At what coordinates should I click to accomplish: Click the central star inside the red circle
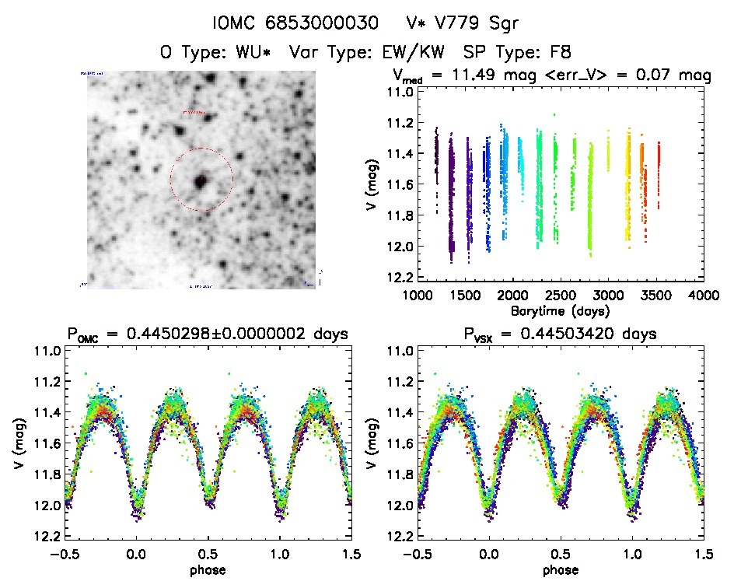[201, 180]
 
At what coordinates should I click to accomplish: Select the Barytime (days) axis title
[560, 310]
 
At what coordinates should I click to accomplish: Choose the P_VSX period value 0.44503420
[579, 334]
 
